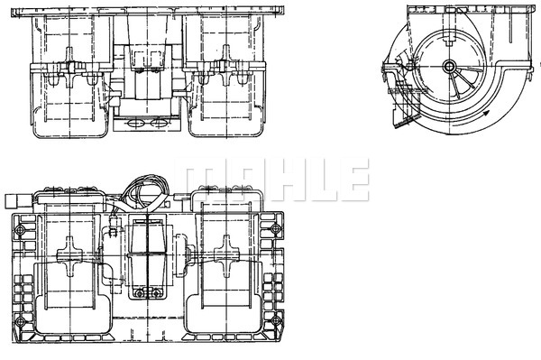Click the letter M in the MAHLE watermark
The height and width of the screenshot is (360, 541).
click(x=200, y=180)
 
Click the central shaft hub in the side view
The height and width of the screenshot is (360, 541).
click(x=448, y=66)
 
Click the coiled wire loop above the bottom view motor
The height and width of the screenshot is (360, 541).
click(x=140, y=189)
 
